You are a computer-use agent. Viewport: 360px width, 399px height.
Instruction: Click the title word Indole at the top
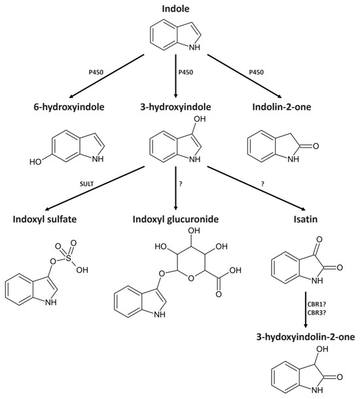pos(179,8)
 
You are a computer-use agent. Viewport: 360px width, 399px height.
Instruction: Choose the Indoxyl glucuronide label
pos(179,218)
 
